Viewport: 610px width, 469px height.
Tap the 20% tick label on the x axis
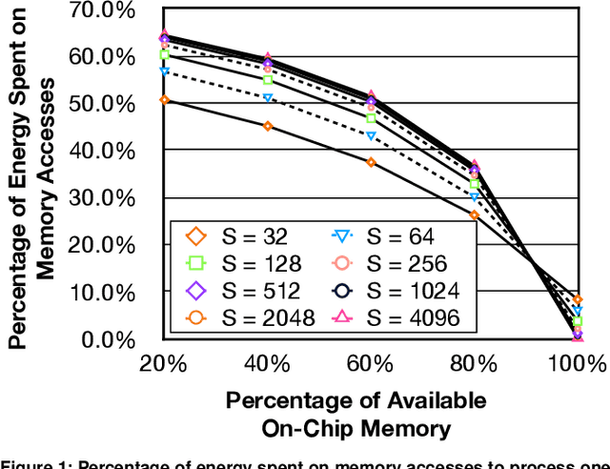[163, 363]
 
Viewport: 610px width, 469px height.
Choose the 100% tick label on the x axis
[576, 363]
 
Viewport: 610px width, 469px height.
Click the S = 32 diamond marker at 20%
[164, 99]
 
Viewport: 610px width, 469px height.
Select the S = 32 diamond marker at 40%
[268, 126]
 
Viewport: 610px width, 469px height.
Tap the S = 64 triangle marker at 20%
[164, 71]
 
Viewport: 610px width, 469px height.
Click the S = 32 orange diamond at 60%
[371, 162]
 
